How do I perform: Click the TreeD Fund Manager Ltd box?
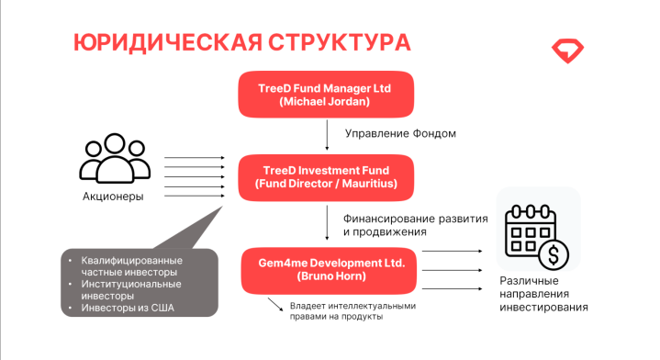pyautogui.click(x=326, y=95)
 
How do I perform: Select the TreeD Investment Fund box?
pyautogui.click(x=326, y=177)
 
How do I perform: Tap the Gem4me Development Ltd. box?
pyautogui.click(x=329, y=270)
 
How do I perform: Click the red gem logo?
pyautogui.click(x=567, y=51)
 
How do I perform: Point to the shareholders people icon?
pyautogui.click(x=115, y=158)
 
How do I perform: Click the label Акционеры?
pyautogui.click(x=113, y=197)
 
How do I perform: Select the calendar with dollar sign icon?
pyautogui.click(x=537, y=237)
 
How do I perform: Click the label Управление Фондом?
pyautogui.click(x=400, y=133)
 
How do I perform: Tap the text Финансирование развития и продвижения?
pyautogui.click(x=416, y=225)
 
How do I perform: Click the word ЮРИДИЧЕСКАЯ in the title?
pyautogui.click(x=168, y=42)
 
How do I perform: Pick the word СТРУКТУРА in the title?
pyautogui.click(x=340, y=42)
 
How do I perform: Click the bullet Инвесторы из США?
pyautogui.click(x=128, y=308)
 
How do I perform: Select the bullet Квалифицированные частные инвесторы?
pyautogui.click(x=132, y=266)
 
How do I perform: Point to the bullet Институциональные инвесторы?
pyautogui.click(x=131, y=289)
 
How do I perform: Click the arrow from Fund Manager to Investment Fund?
pyautogui.click(x=327, y=135)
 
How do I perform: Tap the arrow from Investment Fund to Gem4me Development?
pyautogui.click(x=327, y=223)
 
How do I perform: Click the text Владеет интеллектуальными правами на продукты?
pyautogui.click(x=352, y=311)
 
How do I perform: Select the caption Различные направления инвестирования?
pyautogui.click(x=543, y=294)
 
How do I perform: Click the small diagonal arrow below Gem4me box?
pyautogui.click(x=275, y=304)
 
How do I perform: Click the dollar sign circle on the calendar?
pyautogui.click(x=554, y=255)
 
